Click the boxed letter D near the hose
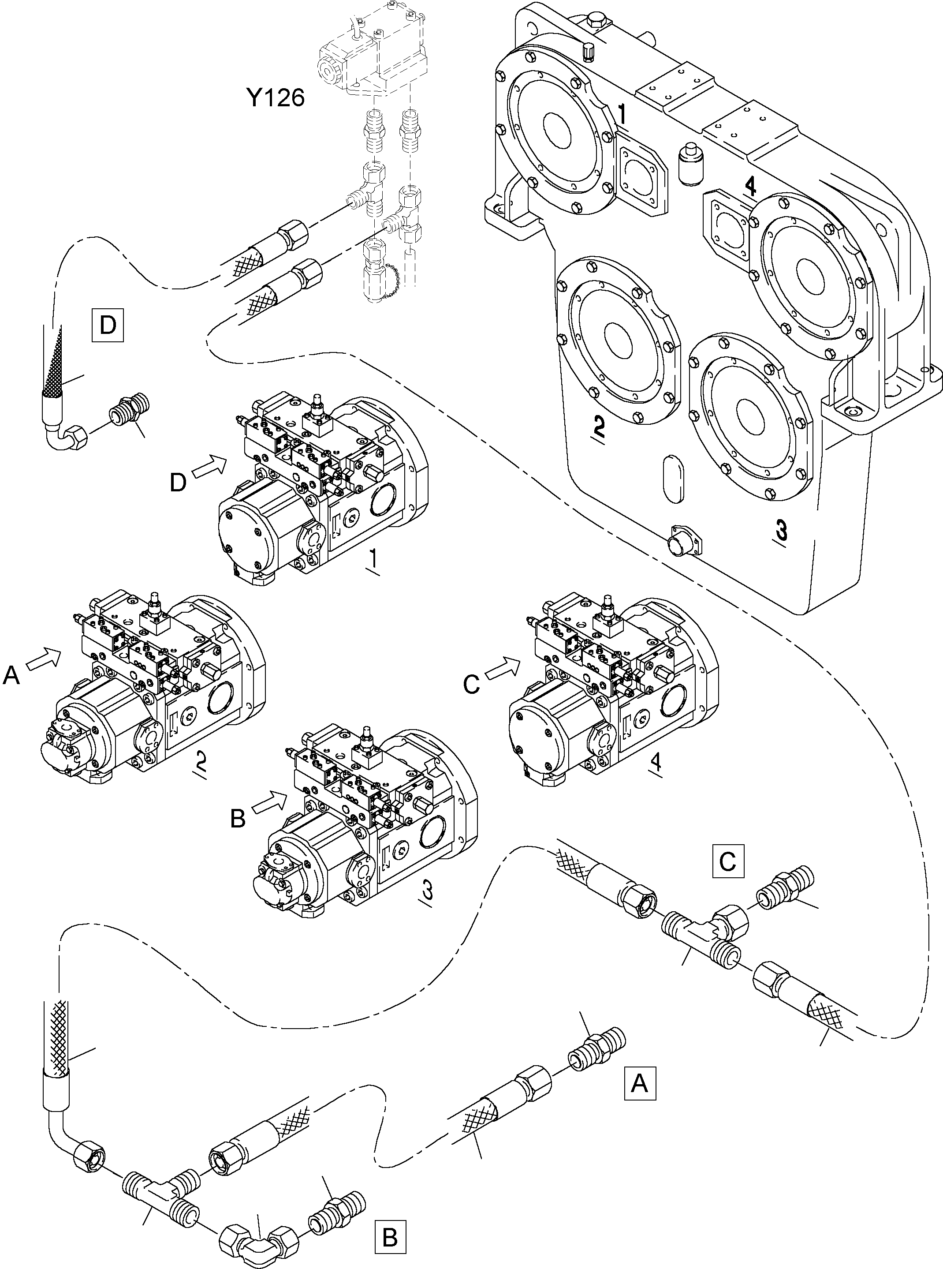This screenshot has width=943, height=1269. click(x=107, y=325)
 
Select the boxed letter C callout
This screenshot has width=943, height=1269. click(x=727, y=861)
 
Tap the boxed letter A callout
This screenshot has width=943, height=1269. click(x=640, y=1082)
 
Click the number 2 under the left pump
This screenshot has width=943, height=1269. click(x=200, y=761)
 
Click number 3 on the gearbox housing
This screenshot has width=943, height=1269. click(x=781, y=531)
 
